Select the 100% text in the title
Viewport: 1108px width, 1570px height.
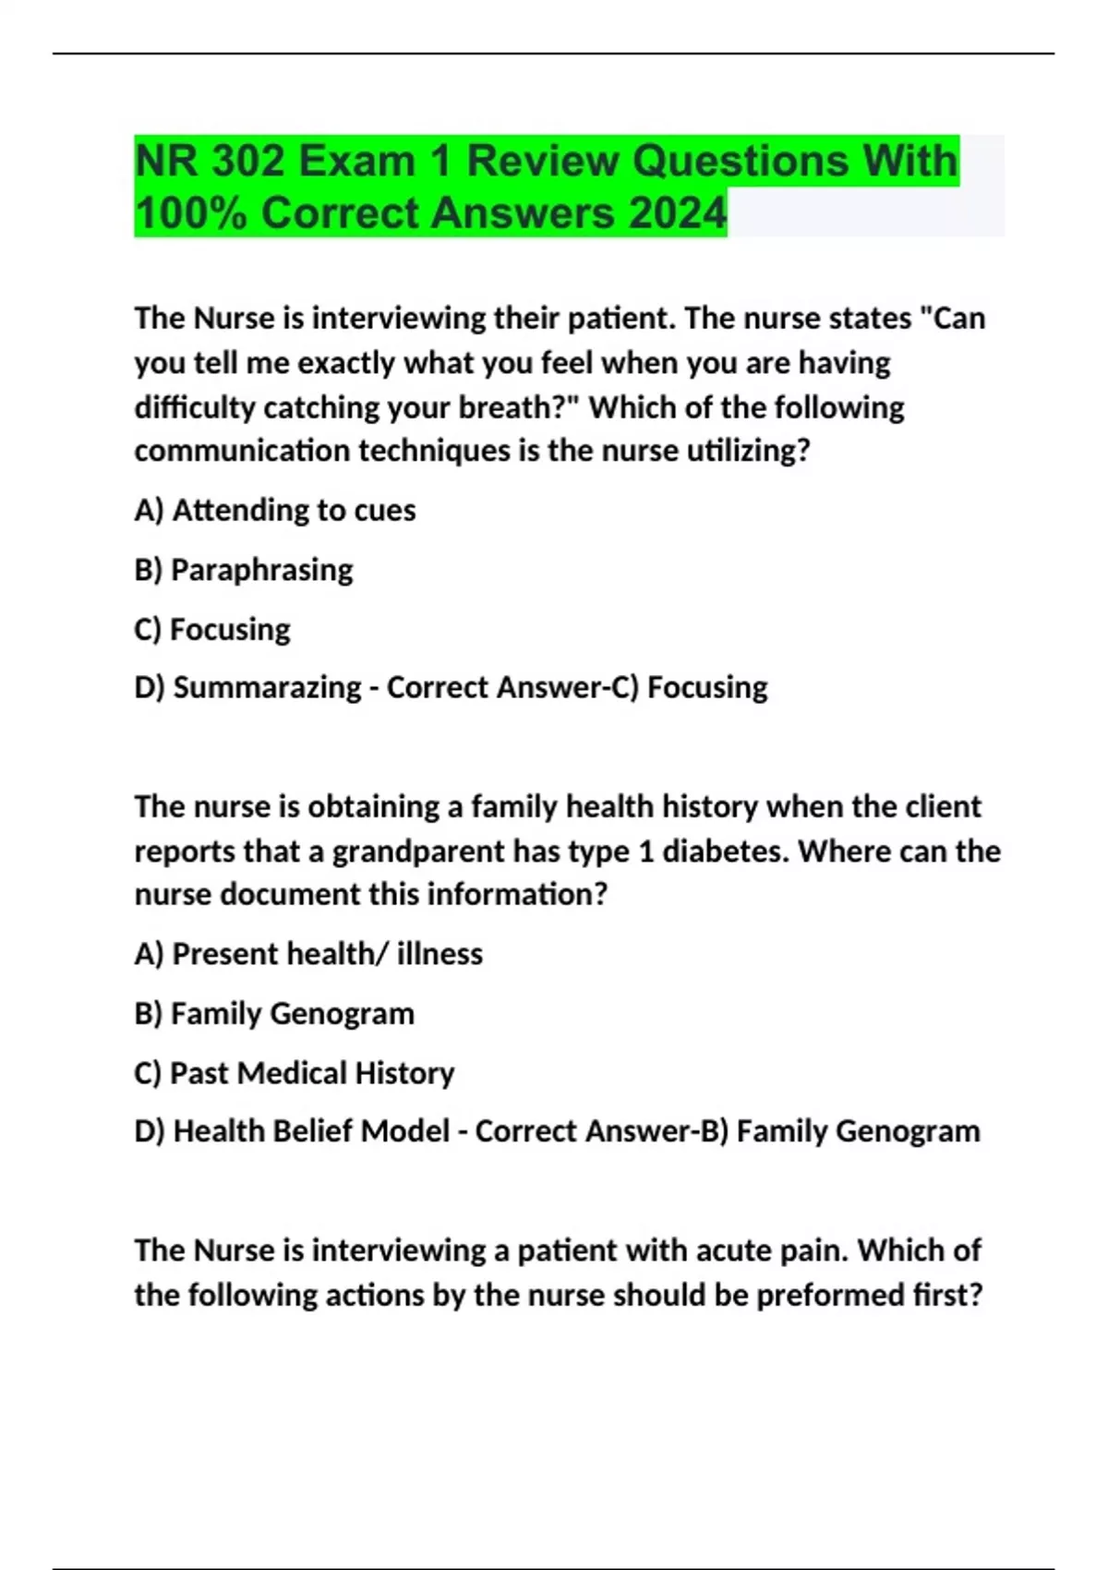191,213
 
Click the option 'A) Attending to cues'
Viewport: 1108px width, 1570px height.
275,510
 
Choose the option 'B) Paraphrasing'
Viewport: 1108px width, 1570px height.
244,570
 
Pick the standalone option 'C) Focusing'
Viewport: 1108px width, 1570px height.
212,629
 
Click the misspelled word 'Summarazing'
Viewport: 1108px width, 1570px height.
267,687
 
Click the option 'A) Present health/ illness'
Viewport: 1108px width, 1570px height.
308,953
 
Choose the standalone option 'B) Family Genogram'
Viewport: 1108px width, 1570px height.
274,1013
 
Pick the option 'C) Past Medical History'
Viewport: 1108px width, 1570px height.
295,1072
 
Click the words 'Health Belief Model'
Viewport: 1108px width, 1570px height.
311,1130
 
